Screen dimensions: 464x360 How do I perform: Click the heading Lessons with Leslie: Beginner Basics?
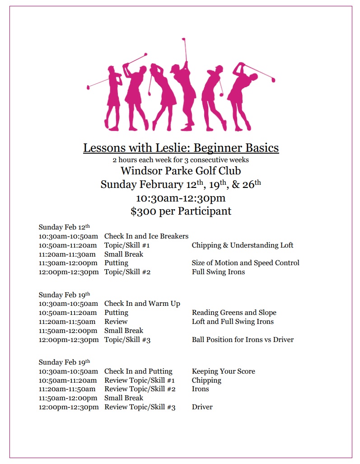pos(181,148)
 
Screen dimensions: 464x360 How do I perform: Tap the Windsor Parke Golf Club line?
pos(181,171)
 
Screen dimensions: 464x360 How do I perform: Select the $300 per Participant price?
pos(181,211)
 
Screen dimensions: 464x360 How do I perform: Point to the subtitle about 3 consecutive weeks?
pos(181,160)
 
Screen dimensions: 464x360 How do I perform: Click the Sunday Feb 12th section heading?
pos(64,227)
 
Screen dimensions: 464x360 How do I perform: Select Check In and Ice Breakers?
pos(146,236)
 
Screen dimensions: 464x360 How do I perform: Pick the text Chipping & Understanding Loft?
pos(243,245)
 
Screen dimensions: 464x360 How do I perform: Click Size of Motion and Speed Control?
pos(245,262)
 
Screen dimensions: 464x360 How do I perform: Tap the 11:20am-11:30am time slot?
pos(68,254)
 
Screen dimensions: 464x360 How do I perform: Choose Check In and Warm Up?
pos(142,303)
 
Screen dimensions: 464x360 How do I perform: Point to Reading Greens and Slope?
pos(234,312)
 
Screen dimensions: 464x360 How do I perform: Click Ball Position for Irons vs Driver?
pos(243,339)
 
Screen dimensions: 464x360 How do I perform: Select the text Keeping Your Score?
pos(224,371)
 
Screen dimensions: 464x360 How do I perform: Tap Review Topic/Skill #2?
pos(140,389)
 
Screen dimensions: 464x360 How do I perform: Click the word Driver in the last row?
pos(202,407)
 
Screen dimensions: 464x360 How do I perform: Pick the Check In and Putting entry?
pos(138,371)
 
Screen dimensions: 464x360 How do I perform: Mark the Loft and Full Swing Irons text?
pos(233,321)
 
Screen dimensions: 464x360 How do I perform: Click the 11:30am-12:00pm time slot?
pos(68,262)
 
